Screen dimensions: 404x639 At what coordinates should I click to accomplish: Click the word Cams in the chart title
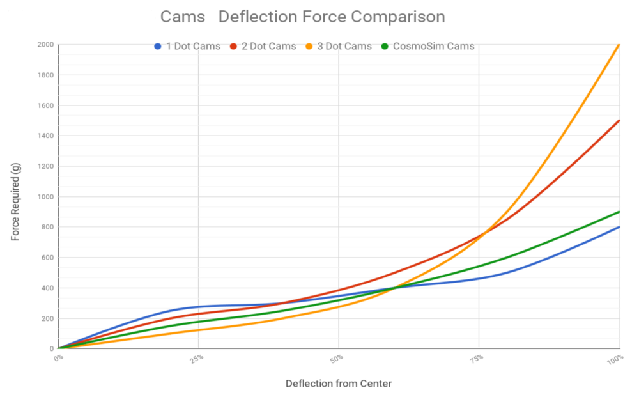click(183, 17)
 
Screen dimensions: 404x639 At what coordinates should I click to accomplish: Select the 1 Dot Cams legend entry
click(189, 46)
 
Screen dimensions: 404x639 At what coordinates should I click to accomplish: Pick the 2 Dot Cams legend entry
click(263, 46)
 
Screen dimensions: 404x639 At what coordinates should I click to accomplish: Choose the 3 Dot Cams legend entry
click(339, 46)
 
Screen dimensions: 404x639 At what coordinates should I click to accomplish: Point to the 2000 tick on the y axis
click(44, 45)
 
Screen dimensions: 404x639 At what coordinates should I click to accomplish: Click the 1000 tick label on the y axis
click(44, 197)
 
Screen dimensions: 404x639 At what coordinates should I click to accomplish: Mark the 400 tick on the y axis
click(47, 288)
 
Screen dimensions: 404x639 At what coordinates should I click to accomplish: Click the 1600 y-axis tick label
click(44, 105)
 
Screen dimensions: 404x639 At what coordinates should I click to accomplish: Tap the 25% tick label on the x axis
click(197, 358)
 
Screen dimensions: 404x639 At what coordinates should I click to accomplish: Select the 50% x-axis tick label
click(338, 358)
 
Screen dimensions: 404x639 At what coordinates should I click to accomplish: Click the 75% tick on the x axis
click(478, 358)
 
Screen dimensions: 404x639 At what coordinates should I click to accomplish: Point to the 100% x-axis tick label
click(616, 359)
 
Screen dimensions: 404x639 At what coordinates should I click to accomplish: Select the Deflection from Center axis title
click(338, 384)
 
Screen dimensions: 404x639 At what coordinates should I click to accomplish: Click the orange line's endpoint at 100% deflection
click(619, 45)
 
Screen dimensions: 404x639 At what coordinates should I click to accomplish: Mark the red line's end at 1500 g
click(619, 121)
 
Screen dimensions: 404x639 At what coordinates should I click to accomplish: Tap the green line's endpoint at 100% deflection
click(619, 212)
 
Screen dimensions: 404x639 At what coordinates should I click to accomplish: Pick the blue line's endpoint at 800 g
click(619, 227)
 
